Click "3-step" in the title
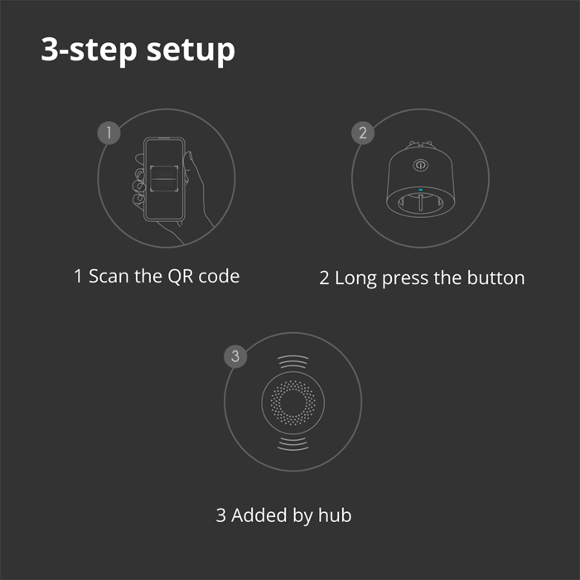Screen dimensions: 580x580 (x=89, y=50)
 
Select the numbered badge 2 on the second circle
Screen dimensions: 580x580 (x=363, y=132)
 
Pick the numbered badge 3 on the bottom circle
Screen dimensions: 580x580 (x=236, y=357)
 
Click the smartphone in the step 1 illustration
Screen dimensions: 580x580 (x=163, y=178)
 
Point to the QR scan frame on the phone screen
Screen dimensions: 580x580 (x=163, y=176)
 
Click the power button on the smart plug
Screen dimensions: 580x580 (x=418, y=164)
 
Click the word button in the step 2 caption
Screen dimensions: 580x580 (x=495, y=278)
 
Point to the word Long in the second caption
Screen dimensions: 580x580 (x=355, y=278)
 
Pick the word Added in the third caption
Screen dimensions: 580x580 (x=258, y=515)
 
